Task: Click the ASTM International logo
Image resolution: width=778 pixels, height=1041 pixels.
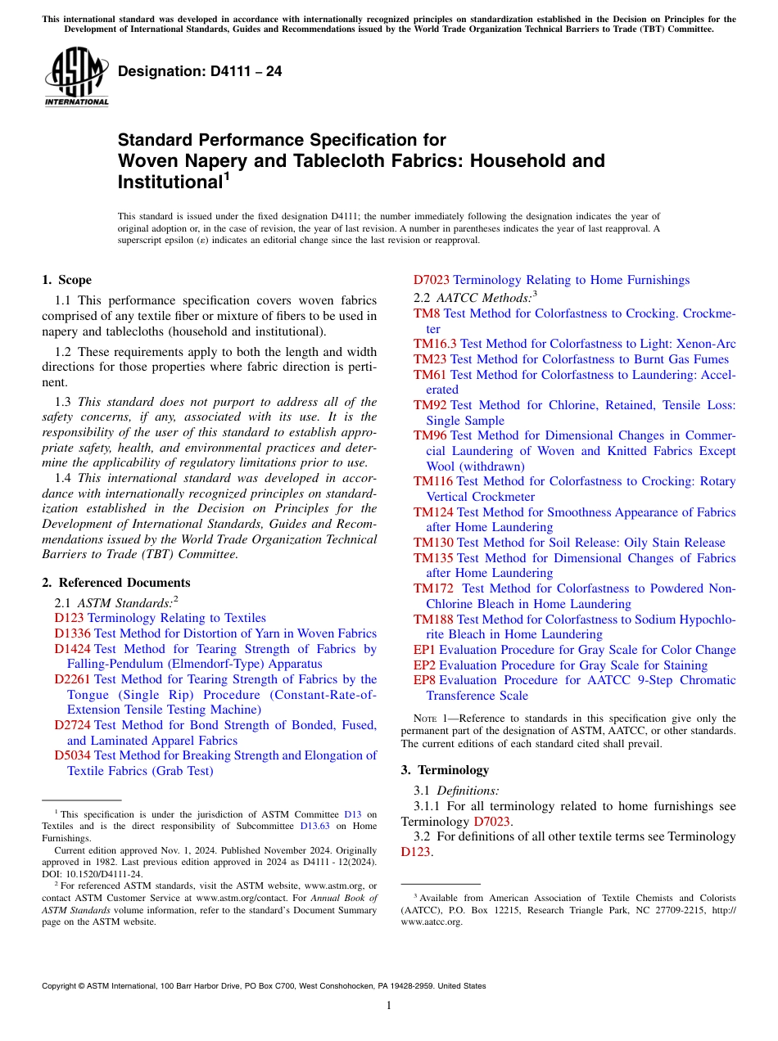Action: point(76,77)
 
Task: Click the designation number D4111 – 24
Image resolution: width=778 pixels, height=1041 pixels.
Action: point(200,72)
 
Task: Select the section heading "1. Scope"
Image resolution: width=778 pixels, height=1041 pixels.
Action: point(66,280)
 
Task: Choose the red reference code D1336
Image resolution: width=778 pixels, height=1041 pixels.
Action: point(73,633)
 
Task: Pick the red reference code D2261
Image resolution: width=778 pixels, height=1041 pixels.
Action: point(73,679)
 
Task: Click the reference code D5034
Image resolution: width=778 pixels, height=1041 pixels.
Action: point(73,755)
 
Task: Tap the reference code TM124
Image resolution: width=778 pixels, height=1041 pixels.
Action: point(433,512)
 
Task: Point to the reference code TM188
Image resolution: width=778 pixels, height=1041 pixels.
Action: point(433,620)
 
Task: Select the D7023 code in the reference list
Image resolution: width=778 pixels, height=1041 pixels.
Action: point(432,280)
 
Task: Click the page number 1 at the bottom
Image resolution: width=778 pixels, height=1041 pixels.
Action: point(389,1005)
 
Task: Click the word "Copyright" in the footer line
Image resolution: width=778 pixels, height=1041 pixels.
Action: point(62,986)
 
